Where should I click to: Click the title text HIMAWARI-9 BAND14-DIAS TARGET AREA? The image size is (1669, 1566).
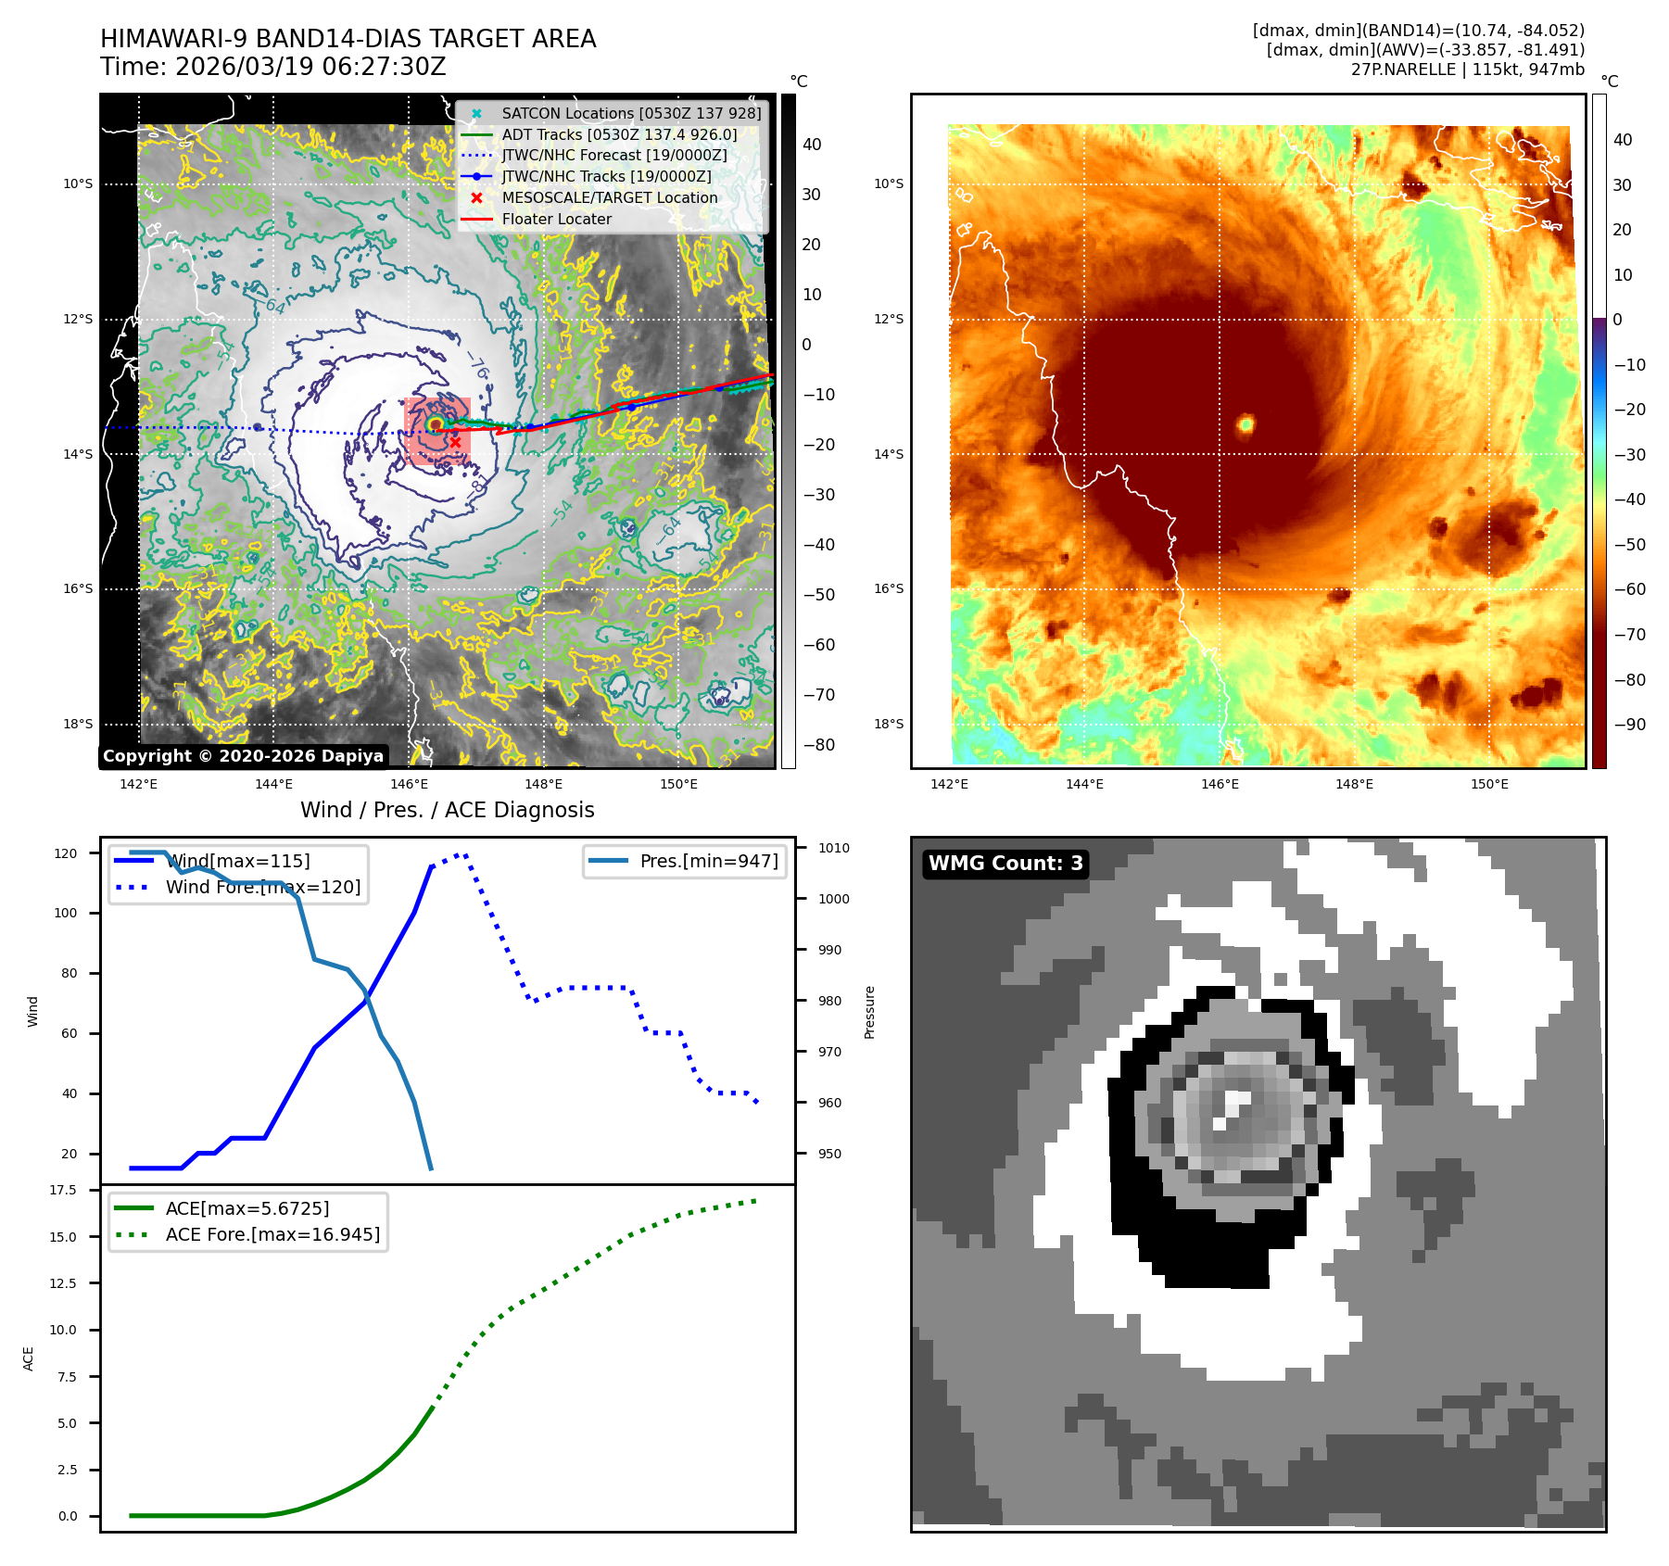click(x=348, y=39)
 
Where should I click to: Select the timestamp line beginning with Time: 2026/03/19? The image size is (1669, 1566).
click(x=273, y=68)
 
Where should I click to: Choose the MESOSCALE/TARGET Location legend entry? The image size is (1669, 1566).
click(x=609, y=197)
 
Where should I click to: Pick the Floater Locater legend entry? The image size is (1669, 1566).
click(x=556, y=219)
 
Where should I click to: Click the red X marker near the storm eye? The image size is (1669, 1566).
click(x=455, y=442)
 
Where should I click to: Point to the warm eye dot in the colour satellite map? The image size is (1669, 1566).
click(x=1245, y=424)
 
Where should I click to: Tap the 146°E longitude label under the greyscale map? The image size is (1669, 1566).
click(x=409, y=784)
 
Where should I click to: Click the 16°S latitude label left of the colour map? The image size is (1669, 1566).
click(x=889, y=588)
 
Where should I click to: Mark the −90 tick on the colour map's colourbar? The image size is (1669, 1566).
click(x=1629, y=725)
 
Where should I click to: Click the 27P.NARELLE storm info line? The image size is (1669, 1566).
click(x=1467, y=69)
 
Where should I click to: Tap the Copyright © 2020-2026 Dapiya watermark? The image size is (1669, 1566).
click(x=243, y=756)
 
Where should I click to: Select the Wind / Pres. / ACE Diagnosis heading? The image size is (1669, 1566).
click(x=447, y=810)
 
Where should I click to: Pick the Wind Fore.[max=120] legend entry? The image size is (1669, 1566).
click(x=262, y=887)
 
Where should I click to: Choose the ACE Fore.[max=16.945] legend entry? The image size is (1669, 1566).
click(x=272, y=1234)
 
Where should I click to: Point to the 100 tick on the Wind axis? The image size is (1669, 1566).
click(x=66, y=913)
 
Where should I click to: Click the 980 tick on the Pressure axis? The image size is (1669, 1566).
click(x=829, y=1001)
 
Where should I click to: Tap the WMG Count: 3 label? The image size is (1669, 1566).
click(x=1005, y=864)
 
